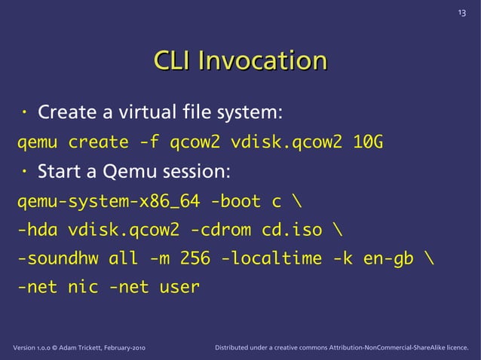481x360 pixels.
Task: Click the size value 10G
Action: point(368,142)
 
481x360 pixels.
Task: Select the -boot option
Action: point(235,201)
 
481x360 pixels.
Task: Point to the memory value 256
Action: point(195,258)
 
